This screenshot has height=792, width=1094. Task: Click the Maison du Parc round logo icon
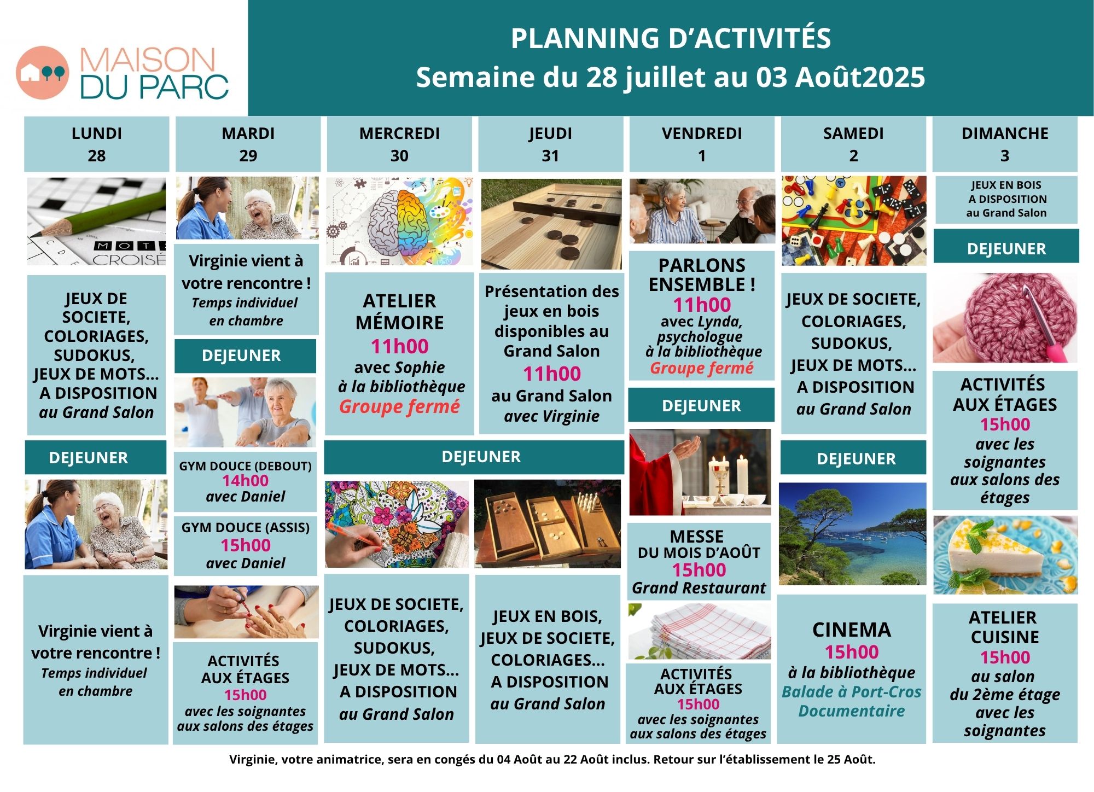point(43,73)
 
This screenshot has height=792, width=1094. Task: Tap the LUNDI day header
point(97,133)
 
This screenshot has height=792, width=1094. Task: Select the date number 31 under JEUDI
point(550,156)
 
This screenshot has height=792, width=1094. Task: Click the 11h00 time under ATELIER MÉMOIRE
point(400,346)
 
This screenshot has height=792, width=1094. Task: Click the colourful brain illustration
point(400,222)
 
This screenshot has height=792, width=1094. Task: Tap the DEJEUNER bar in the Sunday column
point(1006,249)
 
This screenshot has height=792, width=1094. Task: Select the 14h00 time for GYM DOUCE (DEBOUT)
point(246,481)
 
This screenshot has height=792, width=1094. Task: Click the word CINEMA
point(852,630)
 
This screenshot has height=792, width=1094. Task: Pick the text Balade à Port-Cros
point(852,692)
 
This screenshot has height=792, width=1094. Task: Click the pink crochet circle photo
point(1005,318)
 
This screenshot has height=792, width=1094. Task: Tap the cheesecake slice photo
point(1005,555)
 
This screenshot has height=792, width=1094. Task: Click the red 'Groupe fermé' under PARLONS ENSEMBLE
point(702,368)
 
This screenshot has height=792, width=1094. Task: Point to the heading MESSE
point(697,536)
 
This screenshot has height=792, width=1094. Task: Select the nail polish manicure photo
point(246,612)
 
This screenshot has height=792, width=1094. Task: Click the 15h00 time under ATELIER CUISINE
point(1005,657)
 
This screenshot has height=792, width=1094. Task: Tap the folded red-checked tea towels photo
point(700,632)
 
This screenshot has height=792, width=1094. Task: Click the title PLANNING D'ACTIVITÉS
point(671,38)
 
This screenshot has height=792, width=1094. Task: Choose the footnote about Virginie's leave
point(552,759)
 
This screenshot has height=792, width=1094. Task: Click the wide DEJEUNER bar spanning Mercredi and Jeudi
point(474,457)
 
